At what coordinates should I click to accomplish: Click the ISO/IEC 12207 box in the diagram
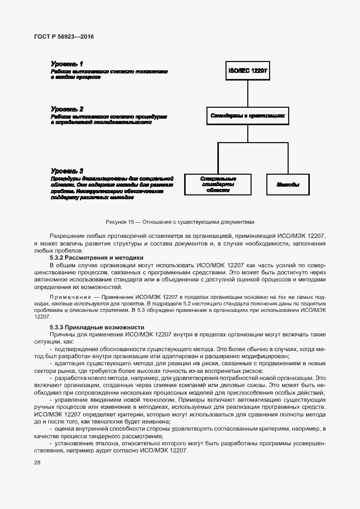click(x=248, y=71)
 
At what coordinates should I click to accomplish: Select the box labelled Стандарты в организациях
click(x=248, y=115)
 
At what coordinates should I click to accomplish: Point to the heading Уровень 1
click(x=67, y=64)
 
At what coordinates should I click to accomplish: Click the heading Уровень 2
click(x=67, y=109)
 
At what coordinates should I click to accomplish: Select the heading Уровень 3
click(x=67, y=170)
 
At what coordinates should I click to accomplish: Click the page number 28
click(x=38, y=462)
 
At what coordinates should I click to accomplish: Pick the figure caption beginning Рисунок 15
click(x=180, y=222)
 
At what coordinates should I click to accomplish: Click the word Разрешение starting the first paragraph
click(x=67, y=235)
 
